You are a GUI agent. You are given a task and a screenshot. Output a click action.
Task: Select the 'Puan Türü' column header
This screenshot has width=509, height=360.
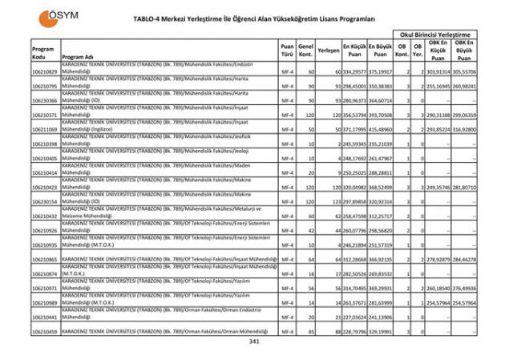point(287,52)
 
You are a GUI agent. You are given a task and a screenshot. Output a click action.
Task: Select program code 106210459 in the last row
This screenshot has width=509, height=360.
point(45,331)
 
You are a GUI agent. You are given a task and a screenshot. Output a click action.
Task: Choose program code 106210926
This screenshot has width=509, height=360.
point(45,230)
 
